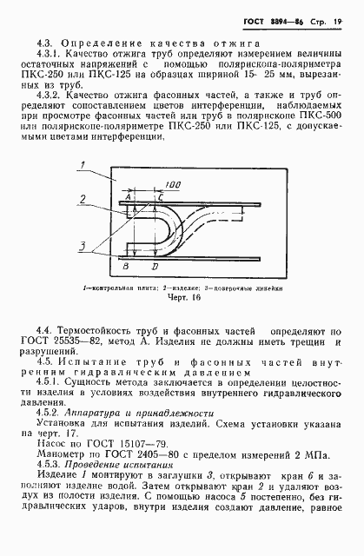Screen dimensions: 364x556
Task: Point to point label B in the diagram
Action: (x=127, y=264)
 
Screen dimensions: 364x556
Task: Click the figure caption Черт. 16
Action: (x=183, y=299)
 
